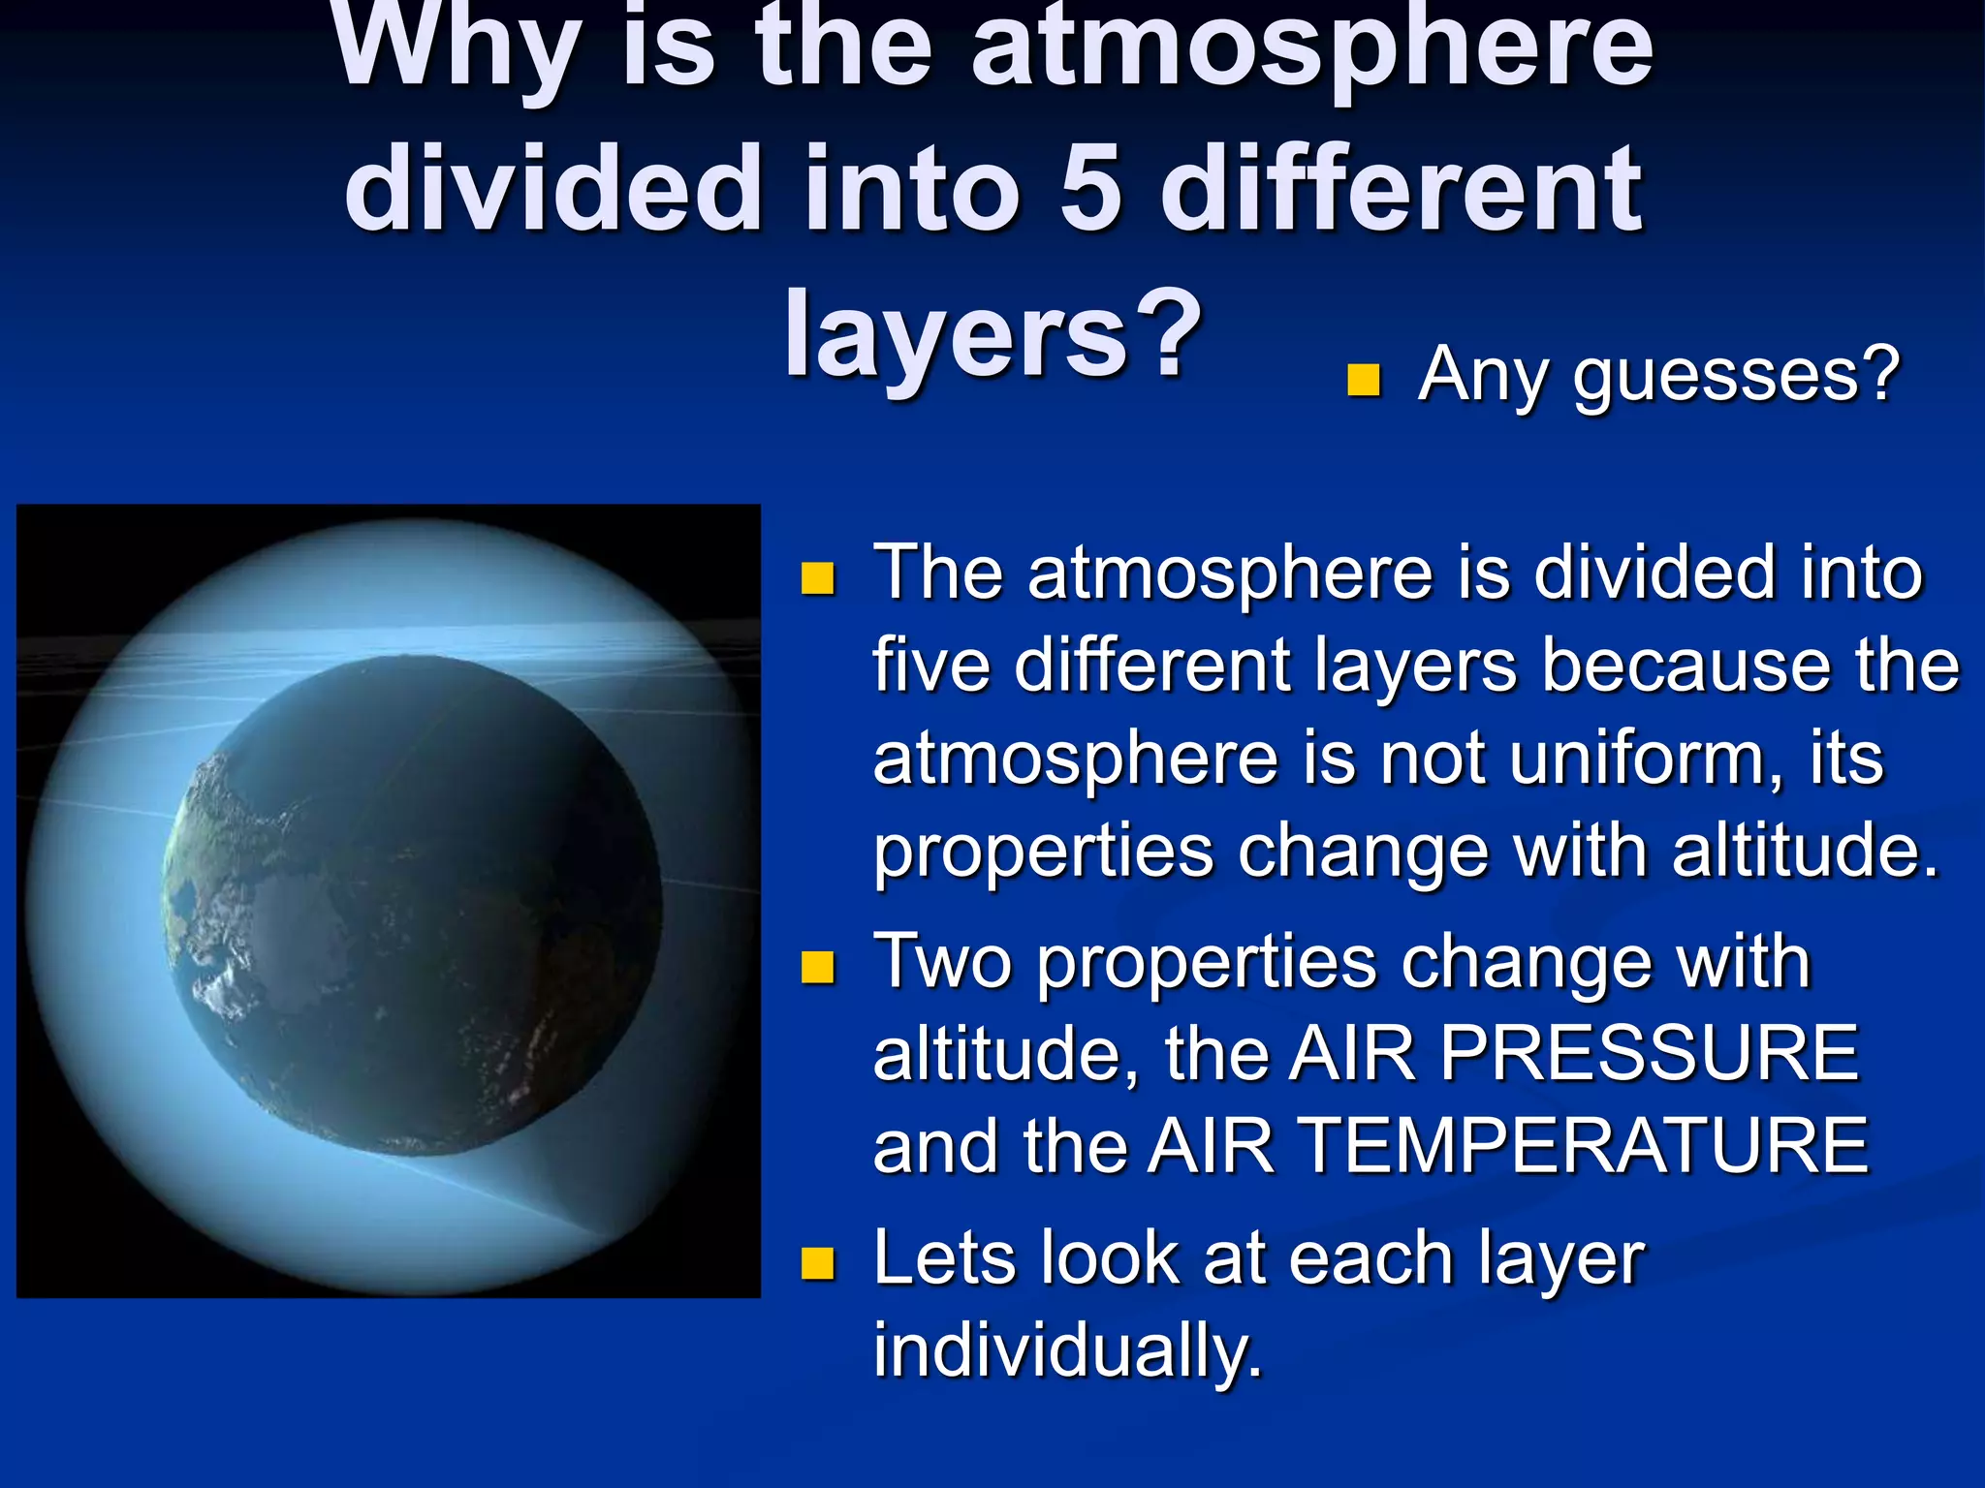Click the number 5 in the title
[1091, 190]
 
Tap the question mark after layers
[1165, 331]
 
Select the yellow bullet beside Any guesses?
[1363, 381]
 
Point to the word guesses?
[1736, 376]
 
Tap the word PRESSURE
[1650, 1053]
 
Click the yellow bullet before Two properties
[817, 967]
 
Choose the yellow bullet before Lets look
[817, 1263]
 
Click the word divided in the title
[552, 190]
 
